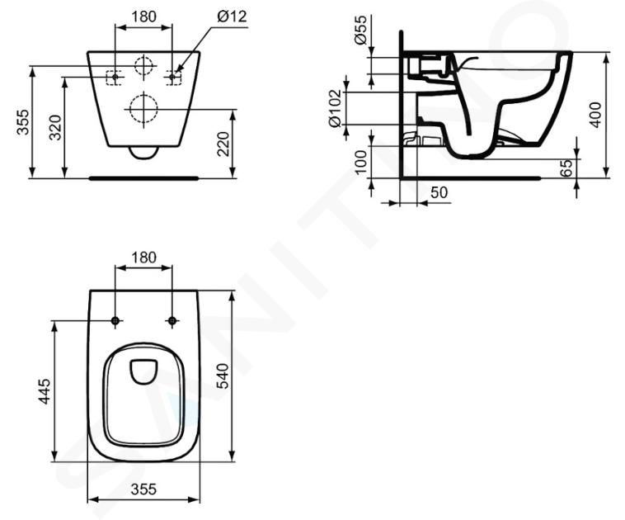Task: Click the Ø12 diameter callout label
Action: point(232,17)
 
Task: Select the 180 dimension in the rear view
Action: point(144,17)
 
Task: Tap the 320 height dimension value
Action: point(55,127)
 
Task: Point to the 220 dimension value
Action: point(224,144)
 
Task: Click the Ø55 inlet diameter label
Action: point(360,30)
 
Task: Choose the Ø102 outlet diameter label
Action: point(336,109)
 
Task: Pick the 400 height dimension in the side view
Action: point(595,115)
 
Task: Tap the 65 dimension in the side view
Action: point(566,168)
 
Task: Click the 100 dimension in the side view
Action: point(360,162)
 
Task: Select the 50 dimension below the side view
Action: point(439,192)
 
